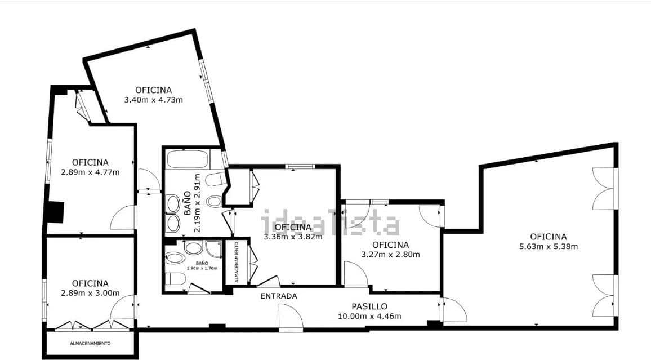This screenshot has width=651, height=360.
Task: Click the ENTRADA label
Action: [x=278, y=296]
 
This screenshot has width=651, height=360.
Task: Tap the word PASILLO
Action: [x=369, y=306]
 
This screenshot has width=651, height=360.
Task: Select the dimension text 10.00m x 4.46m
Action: [x=369, y=316]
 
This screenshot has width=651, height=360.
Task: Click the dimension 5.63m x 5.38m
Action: [x=548, y=246]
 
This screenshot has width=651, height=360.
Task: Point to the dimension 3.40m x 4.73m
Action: [x=153, y=100]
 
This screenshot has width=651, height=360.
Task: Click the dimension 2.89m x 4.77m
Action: [x=90, y=172]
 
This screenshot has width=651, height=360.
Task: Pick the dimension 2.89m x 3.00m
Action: [x=90, y=293]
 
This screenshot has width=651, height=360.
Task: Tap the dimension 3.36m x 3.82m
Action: [x=293, y=237]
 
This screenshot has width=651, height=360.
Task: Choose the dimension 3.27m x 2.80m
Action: [x=390, y=254]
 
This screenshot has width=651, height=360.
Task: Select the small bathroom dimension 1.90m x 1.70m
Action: [x=202, y=269]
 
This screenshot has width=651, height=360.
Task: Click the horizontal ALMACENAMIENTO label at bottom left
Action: [x=90, y=343]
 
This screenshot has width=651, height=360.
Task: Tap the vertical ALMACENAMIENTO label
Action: [x=237, y=262]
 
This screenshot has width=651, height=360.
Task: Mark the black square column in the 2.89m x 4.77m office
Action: [x=56, y=212]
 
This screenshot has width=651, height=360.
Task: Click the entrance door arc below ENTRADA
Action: [x=291, y=317]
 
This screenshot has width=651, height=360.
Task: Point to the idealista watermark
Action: [x=331, y=223]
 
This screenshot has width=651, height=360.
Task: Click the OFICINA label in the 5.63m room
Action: [x=548, y=237]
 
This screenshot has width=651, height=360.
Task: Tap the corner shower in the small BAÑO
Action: [x=213, y=248]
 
